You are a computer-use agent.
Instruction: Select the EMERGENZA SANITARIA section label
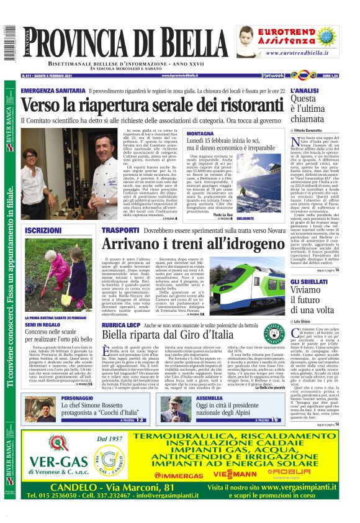[x=50, y=91]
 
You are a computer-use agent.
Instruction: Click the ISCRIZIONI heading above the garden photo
[x=42, y=230]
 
